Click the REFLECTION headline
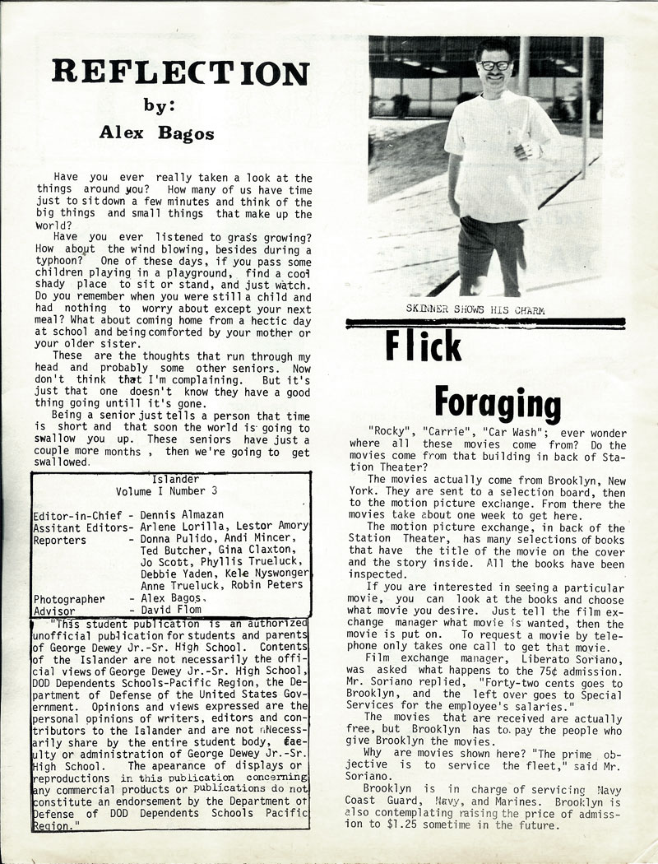coord(180,73)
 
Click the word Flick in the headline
coord(424,348)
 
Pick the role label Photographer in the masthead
coord(69,600)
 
